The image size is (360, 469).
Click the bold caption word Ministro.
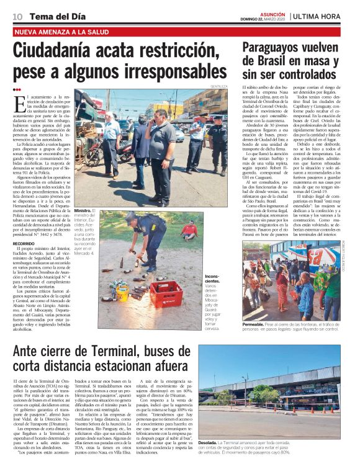[83, 211]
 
